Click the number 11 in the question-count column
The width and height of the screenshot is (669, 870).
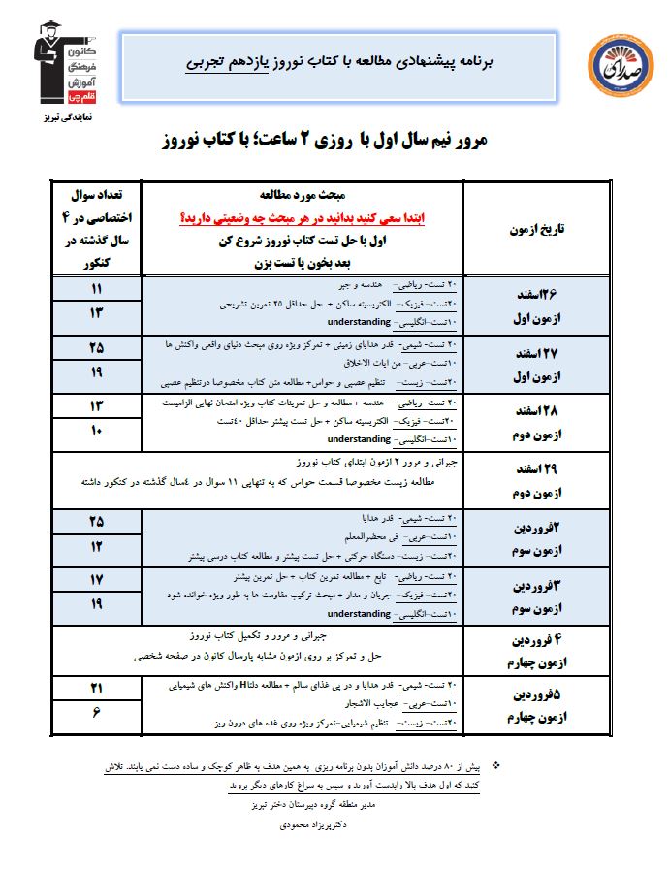97,289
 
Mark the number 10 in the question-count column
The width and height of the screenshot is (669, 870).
97,431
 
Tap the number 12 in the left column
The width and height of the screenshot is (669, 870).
97,546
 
